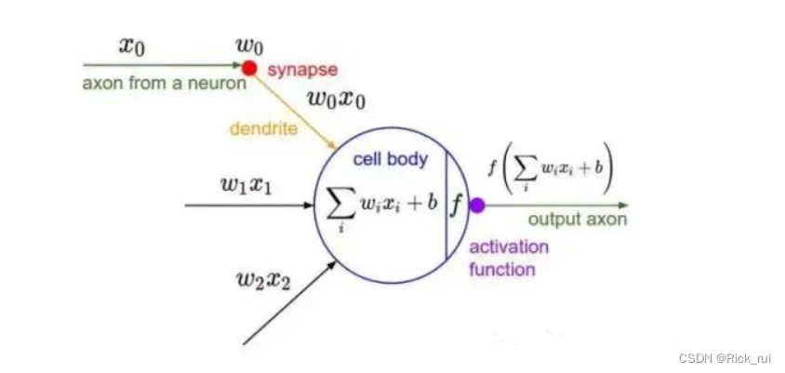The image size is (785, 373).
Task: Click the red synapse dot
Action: coord(249,67)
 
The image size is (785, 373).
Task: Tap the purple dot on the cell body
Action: coord(477,205)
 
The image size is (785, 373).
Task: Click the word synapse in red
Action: coord(302,70)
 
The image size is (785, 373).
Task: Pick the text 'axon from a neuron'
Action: coord(165,84)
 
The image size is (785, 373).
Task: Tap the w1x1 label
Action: coord(246,183)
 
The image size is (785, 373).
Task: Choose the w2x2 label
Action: coord(265,278)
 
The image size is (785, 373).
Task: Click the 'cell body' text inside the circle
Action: coord(390,159)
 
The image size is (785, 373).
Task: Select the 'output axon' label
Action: coord(577,220)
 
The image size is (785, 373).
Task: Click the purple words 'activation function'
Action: coord(508,259)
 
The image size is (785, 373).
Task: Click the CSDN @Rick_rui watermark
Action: coord(726,358)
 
